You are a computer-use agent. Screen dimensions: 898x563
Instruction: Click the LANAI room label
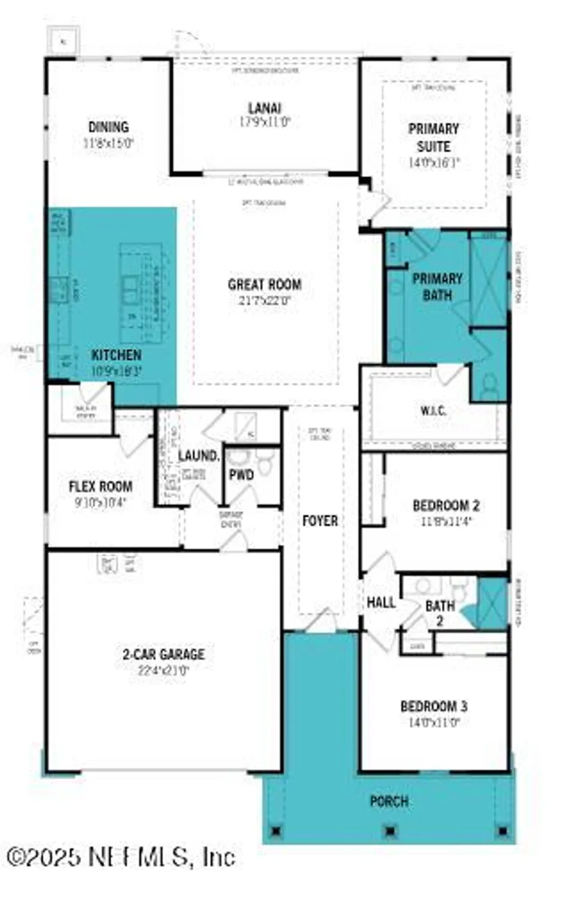click(265, 108)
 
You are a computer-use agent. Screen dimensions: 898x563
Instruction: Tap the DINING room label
click(108, 127)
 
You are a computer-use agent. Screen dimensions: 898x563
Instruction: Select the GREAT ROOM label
click(264, 284)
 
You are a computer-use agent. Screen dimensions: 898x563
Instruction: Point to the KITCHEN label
click(116, 355)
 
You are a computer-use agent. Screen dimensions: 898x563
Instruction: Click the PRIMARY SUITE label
click(434, 138)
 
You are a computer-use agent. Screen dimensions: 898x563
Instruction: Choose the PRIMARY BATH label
click(437, 287)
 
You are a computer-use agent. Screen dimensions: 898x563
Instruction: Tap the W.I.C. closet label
click(433, 411)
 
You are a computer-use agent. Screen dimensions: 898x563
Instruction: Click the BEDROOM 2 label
click(446, 505)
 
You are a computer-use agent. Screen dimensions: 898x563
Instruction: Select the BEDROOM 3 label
click(434, 706)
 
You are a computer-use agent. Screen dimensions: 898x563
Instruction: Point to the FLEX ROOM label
click(101, 486)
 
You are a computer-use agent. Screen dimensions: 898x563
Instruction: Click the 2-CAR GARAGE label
click(164, 654)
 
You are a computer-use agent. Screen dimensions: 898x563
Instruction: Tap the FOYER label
click(320, 521)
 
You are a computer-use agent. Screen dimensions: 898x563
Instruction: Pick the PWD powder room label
click(241, 475)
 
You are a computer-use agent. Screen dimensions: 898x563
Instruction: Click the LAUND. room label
click(199, 456)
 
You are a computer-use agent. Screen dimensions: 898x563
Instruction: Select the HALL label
click(381, 602)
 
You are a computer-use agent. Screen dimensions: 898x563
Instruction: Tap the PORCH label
click(389, 801)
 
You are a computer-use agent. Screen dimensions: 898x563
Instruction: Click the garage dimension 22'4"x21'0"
click(164, 671)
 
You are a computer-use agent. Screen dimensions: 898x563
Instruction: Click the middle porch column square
click(390, 830)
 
